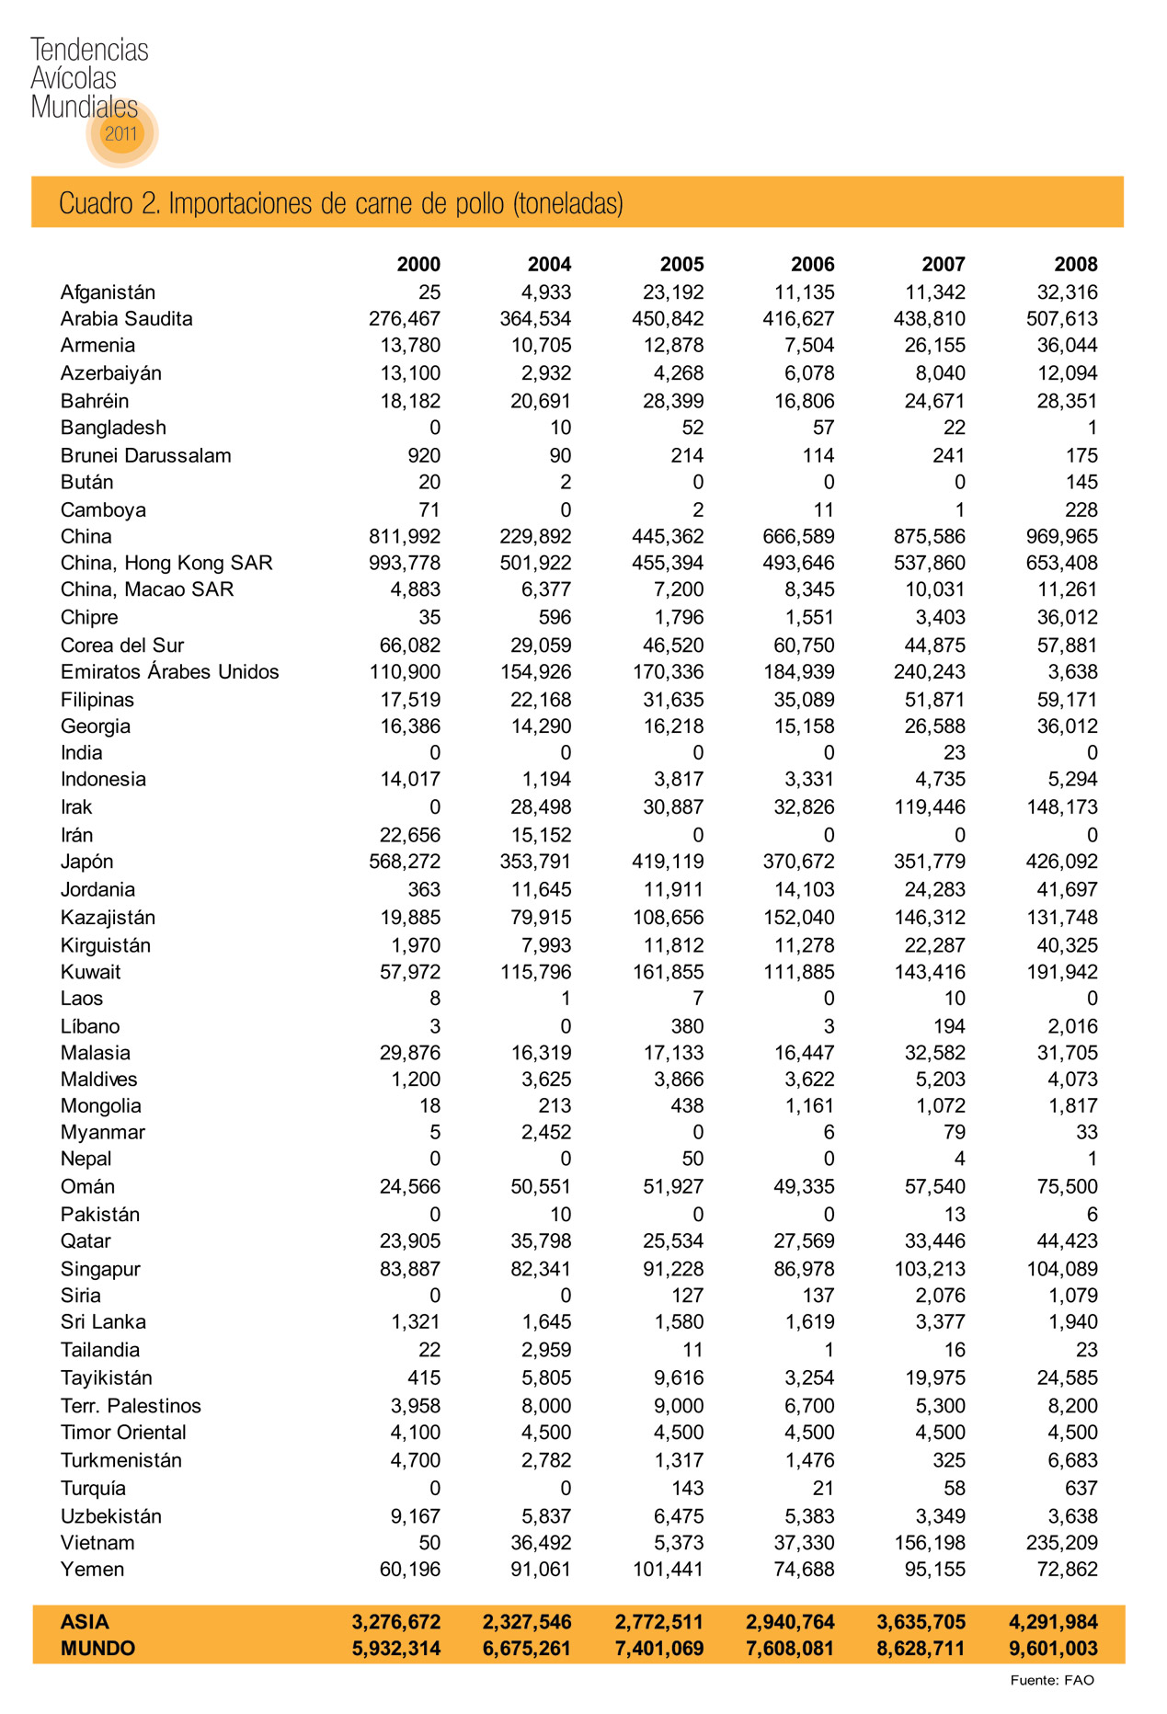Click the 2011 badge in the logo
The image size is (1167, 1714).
coord(120,133)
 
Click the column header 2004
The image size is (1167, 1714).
coord(549,265)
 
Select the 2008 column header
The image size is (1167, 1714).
coord(1075,265)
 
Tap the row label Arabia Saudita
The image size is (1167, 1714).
coord(126,319)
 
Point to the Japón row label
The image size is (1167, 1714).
coord(87,863)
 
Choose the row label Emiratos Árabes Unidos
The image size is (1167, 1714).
coord(169,672)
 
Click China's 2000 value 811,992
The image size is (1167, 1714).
coord(405,537)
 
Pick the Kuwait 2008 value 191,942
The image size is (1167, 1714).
coord(1062,972)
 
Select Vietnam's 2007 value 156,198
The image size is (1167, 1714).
coord(930,1543)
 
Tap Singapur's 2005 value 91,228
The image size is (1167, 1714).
coord(673,1269)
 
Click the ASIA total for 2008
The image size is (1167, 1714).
coord(1053,1622)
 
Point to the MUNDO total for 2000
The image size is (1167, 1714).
coord(396,1649)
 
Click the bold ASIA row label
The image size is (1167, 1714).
coord(85,1622)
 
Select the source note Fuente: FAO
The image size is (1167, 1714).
coord(1051,1680)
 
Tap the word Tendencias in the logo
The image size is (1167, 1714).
coord(89,50)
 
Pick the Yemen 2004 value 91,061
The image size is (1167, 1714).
coord(541,1570)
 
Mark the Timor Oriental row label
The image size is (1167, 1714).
coord(123,1433)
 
